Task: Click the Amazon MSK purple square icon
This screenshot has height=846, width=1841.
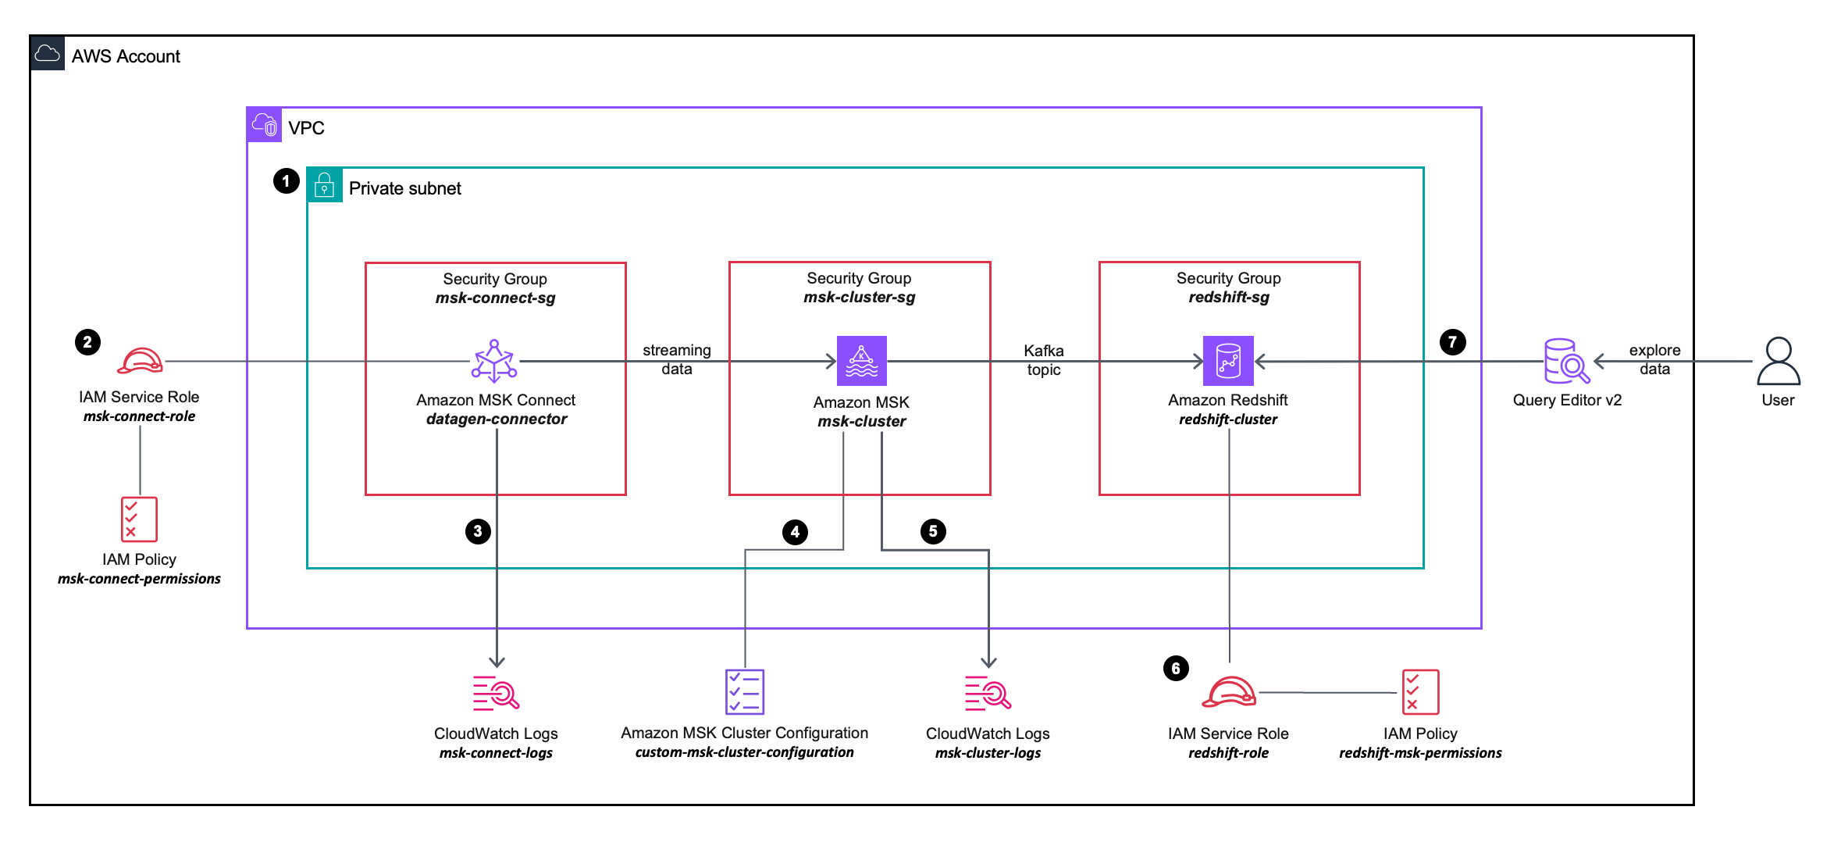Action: (x=861, y=361)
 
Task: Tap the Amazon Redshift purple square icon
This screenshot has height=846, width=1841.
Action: (x=1228, y=361)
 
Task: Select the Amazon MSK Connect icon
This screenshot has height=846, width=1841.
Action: (x=494, y=361)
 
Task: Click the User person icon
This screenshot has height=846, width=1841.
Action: (x=1778, y=361)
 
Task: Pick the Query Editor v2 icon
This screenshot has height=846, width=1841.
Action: (x=1566, y=361)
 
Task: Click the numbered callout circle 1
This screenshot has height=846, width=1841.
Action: (x=287, y=181)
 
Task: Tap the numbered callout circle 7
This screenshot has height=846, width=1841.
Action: (x=1452, y=341)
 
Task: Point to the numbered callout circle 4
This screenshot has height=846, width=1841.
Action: (x=795, y=532)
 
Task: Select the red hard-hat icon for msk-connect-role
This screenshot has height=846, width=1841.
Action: (x=140, y=361)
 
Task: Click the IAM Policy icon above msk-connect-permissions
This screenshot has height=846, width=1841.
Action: (x=139, y=519)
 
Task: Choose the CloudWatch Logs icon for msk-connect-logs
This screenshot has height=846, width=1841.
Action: (x=496, y=693)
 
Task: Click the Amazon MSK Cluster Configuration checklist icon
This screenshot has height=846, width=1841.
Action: (x=744, y=691)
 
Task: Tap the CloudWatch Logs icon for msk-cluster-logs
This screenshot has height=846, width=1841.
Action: (x=988, y=693)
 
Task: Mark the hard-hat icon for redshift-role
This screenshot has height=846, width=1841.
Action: (x=1228, y=692)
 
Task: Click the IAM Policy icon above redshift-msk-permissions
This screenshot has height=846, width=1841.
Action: (x=1419, y=691)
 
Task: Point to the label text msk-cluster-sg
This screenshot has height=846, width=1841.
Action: (x=859, y=297)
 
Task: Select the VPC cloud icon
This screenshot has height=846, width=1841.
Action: (x=265, y=124)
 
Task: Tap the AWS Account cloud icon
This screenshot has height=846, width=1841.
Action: (x=48, y=53)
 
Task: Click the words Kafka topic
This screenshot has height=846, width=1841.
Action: (x=1043, y=360)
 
